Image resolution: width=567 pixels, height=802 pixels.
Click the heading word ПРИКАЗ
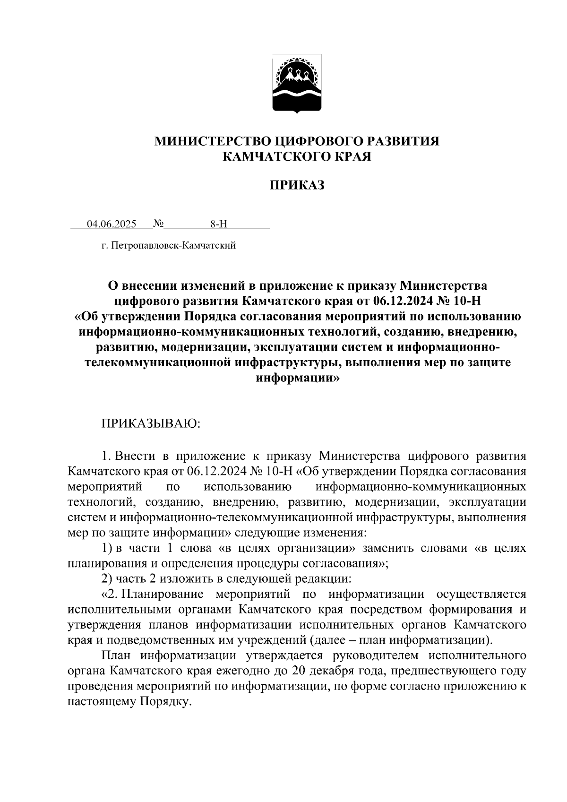tap(297, 185)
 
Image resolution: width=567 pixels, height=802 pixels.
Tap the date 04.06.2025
tap(112, 224)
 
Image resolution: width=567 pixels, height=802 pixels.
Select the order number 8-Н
tap(218, 224)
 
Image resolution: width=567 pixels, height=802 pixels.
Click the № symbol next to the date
tap(158, 224)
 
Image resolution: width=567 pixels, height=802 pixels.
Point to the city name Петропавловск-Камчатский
tap(173, 245)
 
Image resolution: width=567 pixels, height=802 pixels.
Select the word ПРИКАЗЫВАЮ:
tap(151, 423)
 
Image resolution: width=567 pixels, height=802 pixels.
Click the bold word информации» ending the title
tap(297, 379)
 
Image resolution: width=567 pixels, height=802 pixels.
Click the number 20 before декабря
tap(299, 671)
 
